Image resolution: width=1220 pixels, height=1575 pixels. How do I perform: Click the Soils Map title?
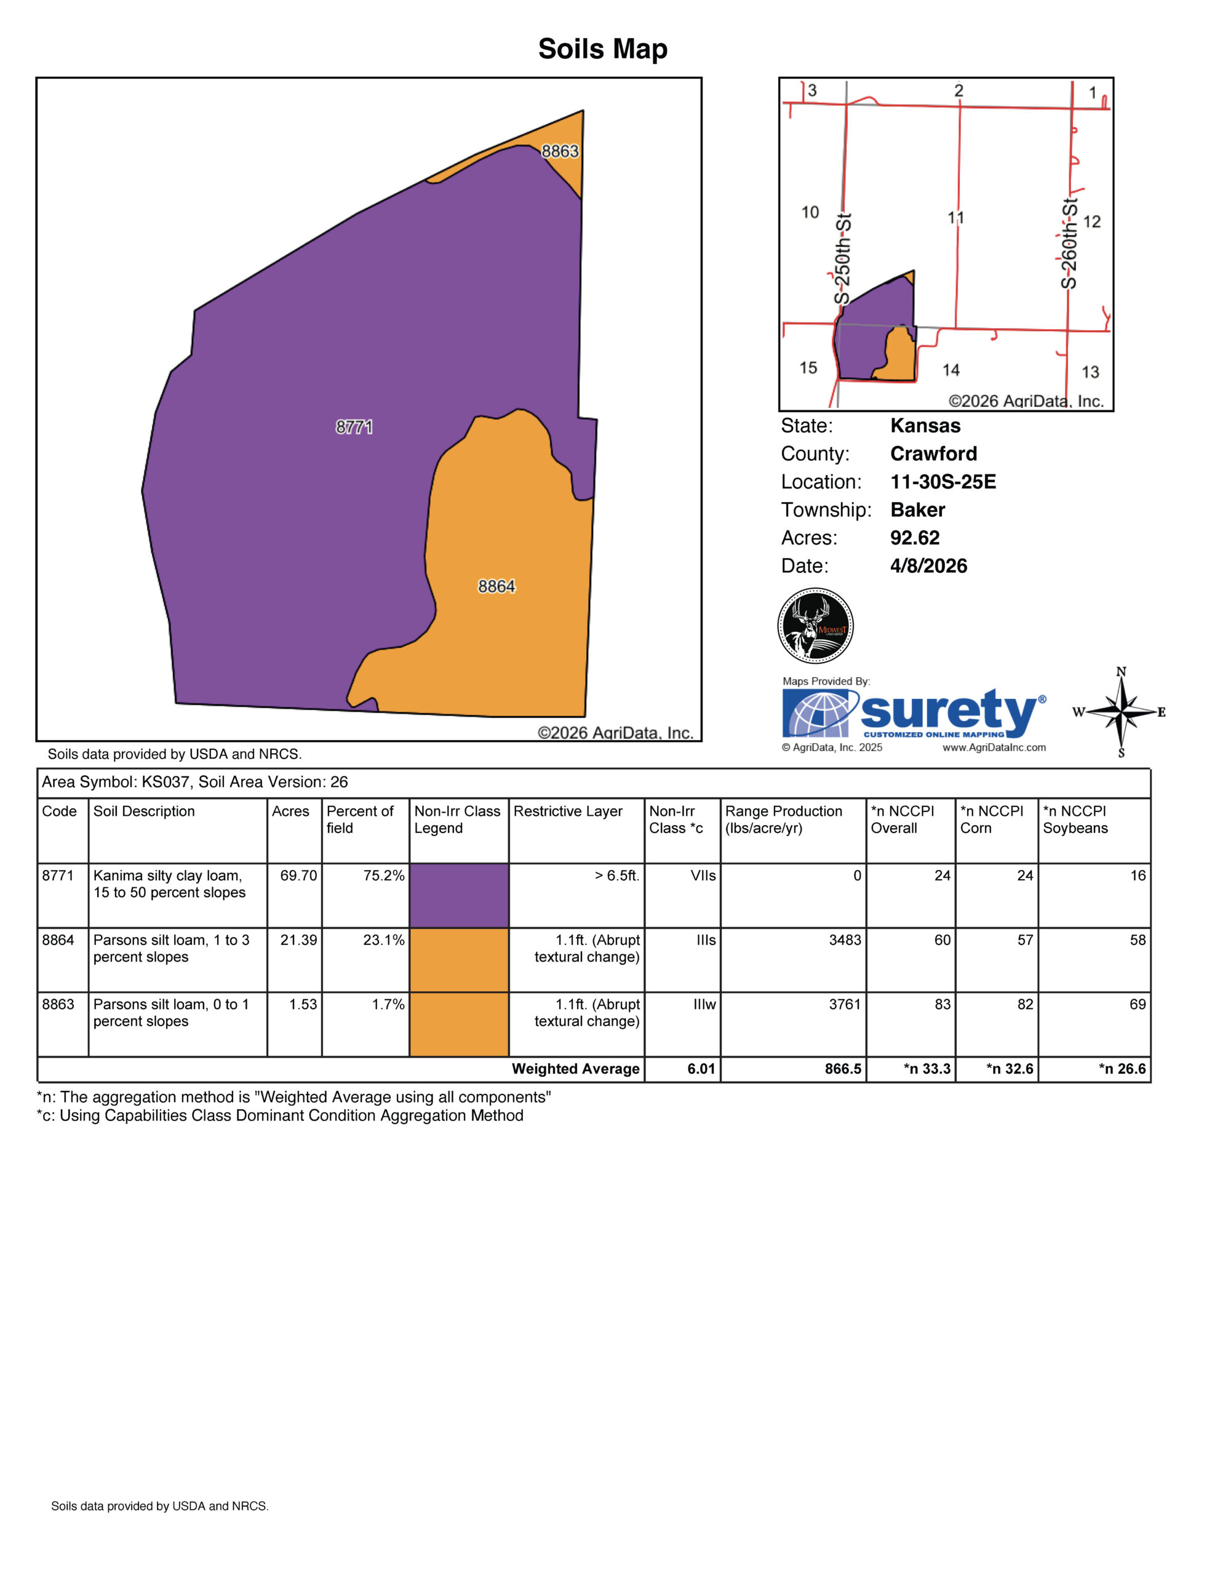[x=603, y=49]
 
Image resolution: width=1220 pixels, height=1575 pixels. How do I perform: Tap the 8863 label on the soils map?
[x=560, y=151]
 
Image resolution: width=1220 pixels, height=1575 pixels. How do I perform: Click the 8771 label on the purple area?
[x=354, y=427]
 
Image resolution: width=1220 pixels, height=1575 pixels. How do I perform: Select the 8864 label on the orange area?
[x=496, y=586]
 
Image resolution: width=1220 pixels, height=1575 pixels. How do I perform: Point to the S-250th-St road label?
[x=843, y=259]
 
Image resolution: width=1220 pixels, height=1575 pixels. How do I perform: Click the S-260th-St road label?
[x=1069, y=244]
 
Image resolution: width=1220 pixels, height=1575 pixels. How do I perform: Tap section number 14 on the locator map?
[x=951, y=370]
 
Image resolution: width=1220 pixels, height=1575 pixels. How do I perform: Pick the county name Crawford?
[x=934, y=453]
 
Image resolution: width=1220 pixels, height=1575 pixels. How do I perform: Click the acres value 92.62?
[x=915, y=538]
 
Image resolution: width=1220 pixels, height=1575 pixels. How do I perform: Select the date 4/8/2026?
[x=929, y=566]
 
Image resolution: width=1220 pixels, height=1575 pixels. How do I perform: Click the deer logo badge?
[x=816, y=625]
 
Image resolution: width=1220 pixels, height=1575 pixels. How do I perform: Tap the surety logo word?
[x=949, y=712]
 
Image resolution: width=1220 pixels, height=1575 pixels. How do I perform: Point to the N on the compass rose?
[x=1121, y=672]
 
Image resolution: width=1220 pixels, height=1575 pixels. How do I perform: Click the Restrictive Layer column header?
[x=567, y=811]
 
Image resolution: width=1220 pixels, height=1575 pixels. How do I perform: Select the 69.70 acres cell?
[x=298, y=875]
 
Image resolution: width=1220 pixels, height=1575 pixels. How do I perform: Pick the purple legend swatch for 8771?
[x=458, y=895]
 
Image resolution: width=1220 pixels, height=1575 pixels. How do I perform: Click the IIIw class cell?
[x=704, y=1005]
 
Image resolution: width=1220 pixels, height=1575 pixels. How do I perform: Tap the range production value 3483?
[x=845, y=939]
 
